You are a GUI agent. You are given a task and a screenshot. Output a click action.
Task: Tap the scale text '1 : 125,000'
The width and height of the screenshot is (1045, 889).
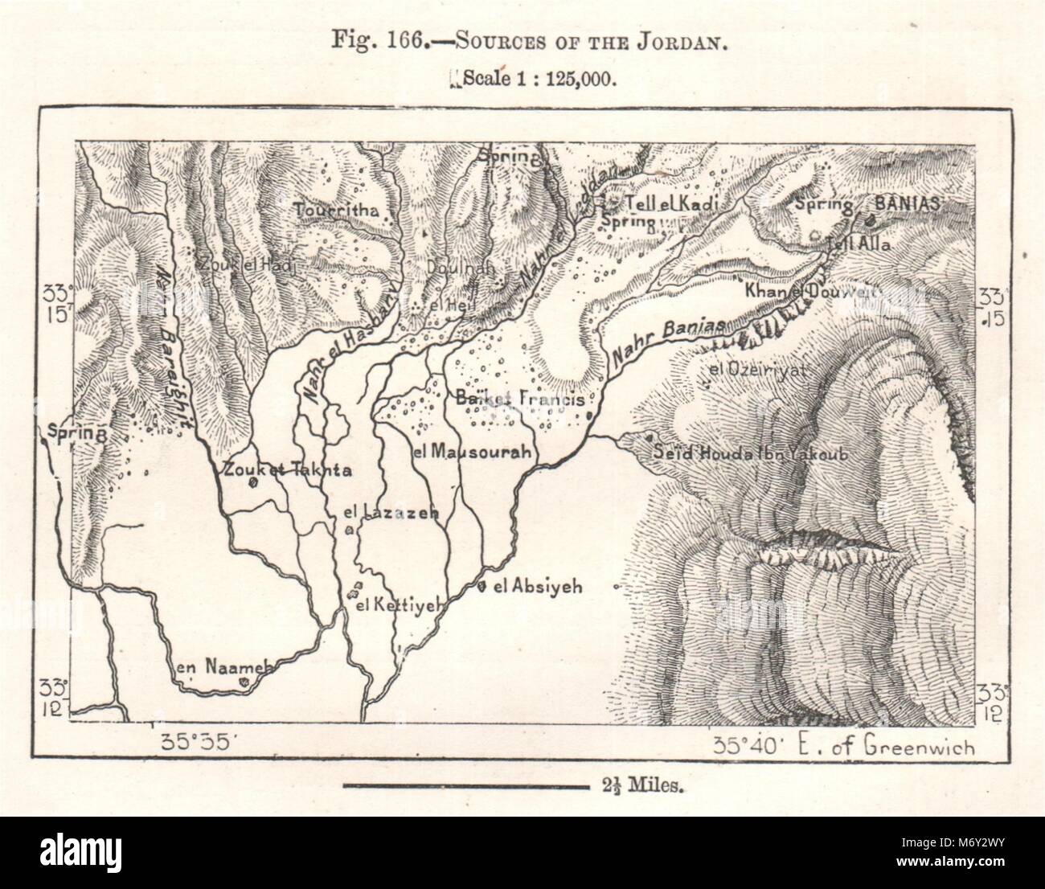point(562,79)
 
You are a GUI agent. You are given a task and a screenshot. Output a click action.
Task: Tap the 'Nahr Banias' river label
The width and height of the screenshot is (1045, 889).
point(667,338)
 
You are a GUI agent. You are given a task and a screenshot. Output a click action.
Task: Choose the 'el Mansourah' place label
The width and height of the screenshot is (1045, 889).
point(471,453)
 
